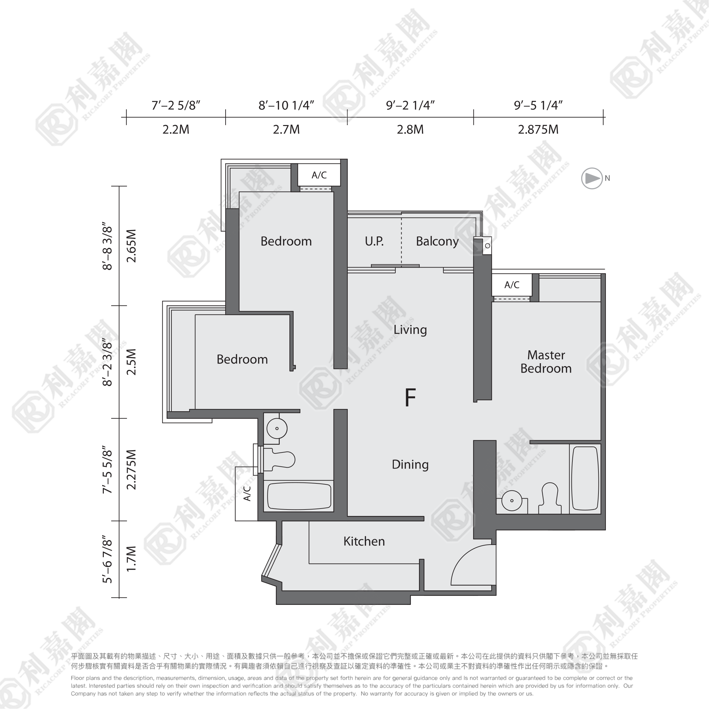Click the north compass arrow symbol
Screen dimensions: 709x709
pyautogui.click(x=592, y=178)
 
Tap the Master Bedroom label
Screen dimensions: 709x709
pyautogui.click(x=546, y=362)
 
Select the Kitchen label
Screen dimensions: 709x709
pyautogui.click(x=364, y=541)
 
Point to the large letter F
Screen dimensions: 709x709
pyautogui.click(x=410, y=397)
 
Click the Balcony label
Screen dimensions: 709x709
pyautogui.click(x=437, y=241)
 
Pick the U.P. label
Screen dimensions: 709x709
pyautogui.click(x=374, y=241)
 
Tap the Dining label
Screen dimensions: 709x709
pyautogui.click(x=410, y=465)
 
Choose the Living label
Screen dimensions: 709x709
pyautogui.click(x=410, y=330)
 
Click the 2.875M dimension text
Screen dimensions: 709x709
pyautogui.click(x=538, y=130)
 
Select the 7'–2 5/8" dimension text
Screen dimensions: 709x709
pyautogui.click(x=176, y=106)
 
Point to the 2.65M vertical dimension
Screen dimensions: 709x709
pyautogui.click(x=131, y=246)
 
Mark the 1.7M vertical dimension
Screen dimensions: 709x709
pyautogui.click(x=131, y=558)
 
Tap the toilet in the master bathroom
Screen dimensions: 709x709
pyautogui.click(x=550, y=498)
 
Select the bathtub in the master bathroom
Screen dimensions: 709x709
pyautogui.click(x=585, y=479)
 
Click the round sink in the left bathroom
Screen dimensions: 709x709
pyautogui.click(x=277, y=428)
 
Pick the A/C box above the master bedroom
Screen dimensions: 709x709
pyautogui.click(x=511, y=285)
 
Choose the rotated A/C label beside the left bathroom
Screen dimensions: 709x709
pyautogui.click(x=247, y=494)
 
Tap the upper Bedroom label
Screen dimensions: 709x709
pyautogui.click(x=286, y=241)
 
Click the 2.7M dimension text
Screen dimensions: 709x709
pyautogui.click(x=286, y=130)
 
